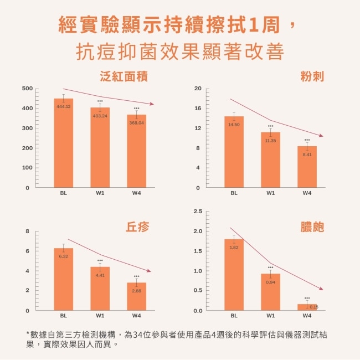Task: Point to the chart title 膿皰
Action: point(311,227)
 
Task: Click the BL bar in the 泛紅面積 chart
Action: point(64,144)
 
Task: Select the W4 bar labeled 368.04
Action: point(136,152)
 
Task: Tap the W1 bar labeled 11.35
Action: point(270,161)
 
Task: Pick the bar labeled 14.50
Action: point(234,152)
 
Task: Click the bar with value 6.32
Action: point(64,280)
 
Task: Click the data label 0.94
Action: point(270,282)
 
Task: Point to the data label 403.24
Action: point(100,116)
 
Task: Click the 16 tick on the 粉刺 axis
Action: point(198,109)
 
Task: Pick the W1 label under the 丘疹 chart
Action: point(100,316)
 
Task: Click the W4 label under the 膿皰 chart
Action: point(307,316)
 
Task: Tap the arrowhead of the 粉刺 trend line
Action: point(321,135)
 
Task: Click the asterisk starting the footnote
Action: point(28,333)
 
